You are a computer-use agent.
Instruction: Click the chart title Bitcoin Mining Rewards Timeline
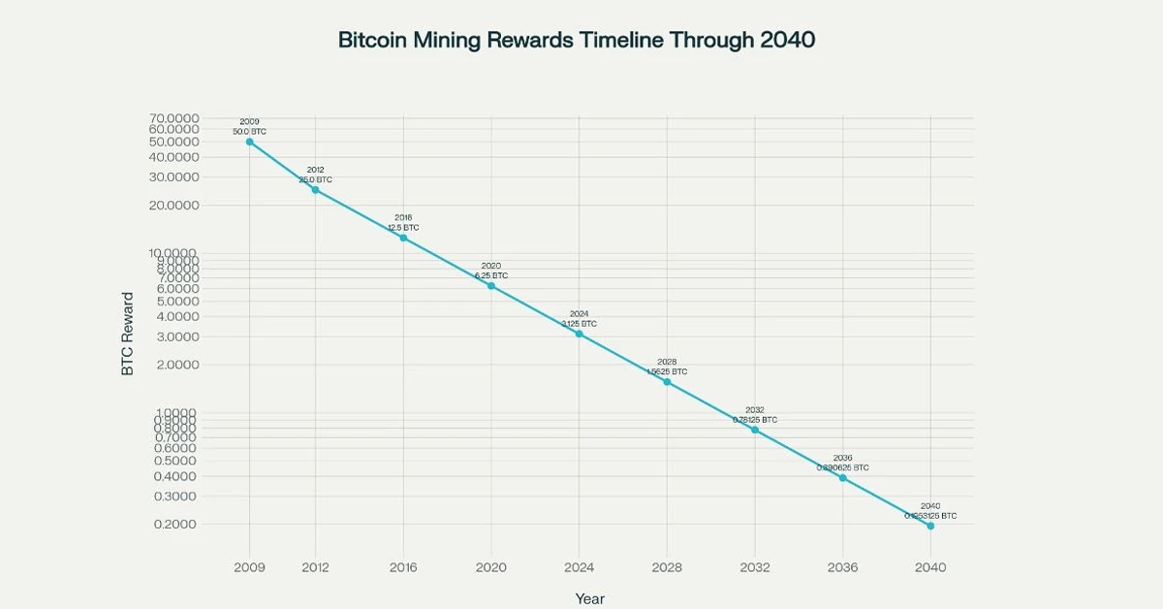[x=577, y=40]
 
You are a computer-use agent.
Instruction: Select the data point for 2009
[x=250, y=142]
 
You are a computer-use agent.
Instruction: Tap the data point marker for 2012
[x=315, y=190]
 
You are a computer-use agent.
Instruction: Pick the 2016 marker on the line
[x=403, y=238]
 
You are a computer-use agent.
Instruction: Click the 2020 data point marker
[x=491, y=286]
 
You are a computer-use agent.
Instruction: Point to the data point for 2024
[x=579, y=334]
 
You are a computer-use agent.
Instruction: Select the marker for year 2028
[x=667, y=382]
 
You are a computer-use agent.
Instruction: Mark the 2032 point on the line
[x=755, y=430]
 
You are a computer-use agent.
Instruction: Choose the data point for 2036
[x=842, y=478]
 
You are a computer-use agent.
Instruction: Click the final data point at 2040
[x=930, y=526]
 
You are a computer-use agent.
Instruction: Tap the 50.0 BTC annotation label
[x=250, y=131]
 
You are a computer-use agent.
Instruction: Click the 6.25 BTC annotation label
[x=491, y=275]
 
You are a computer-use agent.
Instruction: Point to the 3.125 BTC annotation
[x=579, y=323]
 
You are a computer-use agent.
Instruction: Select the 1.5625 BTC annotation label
[x=667, y=371]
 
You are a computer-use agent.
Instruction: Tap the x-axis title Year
[x=589, y=598]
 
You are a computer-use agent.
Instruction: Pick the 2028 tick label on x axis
[x=667, y=567]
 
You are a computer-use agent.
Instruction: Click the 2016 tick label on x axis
[x=403, y=567]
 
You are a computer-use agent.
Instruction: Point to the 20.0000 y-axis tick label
[x=174, y=206]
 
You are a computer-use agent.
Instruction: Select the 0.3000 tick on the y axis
[x=174, y=497]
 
